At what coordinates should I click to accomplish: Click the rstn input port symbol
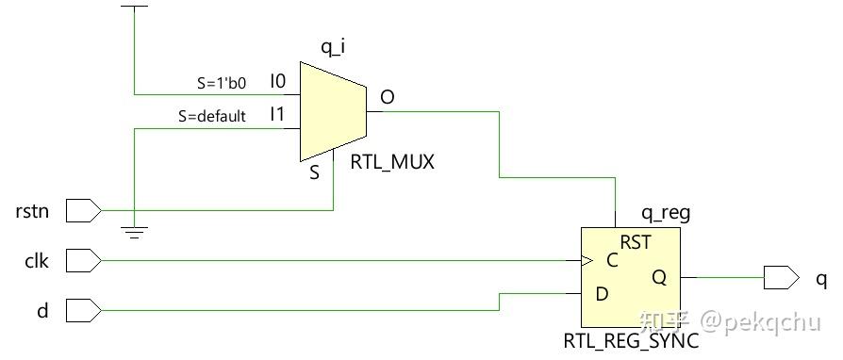pyautogui.click(x=83, y=210)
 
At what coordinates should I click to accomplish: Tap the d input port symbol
pyautogui.click(x=83, y=309)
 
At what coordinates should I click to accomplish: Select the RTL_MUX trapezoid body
pyautogui.click(x=332, y=111)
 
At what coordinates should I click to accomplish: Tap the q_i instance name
pyautogui.click(x=332, y=46)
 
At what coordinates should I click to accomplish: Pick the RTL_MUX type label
pyautogui.click(x=392, y=162)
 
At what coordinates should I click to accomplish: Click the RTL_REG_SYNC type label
pyautogui.click(x=631, y=341)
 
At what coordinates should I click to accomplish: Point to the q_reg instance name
pyautogui.click(x=665, y=213)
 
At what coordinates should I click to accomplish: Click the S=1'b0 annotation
pyautogui.click(x=222, y=83)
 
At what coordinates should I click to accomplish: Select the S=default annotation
pyautogui.click(x=212, y=117)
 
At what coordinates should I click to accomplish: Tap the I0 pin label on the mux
pyautogui.click(x=277, y=82)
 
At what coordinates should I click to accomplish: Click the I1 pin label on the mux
pyautogui.click(x=277, y=115)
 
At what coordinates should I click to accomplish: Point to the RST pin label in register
pyautogui.click(x=636, y=243)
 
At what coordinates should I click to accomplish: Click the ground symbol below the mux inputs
pyautogui.click(x=135, y=230)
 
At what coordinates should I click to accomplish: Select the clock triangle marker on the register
pyautogui.click(x=587, y=260)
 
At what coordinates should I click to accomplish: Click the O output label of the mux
pyautogui.click(x=387, y=97)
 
